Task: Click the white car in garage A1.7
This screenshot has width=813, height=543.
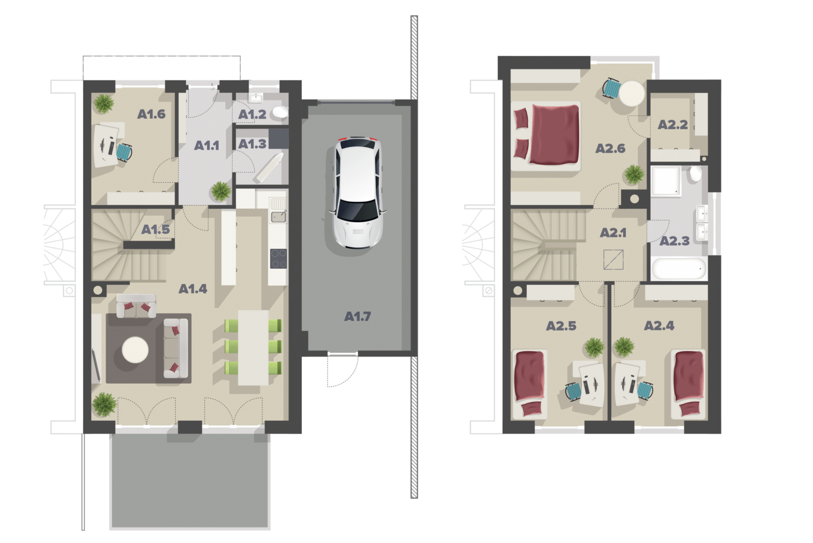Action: point(358,193)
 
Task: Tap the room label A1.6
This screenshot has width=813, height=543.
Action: point(151,114)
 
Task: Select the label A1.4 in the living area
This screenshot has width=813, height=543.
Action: point(193,289)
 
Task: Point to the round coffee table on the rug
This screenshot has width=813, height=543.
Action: point(135,350)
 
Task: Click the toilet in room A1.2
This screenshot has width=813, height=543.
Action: point(280,112)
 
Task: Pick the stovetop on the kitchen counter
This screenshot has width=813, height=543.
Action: point(278,259)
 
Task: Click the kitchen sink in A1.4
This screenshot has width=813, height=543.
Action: point(278,217)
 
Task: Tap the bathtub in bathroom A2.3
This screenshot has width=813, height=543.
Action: point(679,268)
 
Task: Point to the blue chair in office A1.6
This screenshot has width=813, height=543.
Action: point(124,152)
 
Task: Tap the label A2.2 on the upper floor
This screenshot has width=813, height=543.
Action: point(672,124)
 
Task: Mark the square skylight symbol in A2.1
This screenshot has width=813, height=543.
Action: point(613,259)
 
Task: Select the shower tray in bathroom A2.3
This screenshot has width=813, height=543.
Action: point(666,181)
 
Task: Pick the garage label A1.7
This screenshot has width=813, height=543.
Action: point(357,316)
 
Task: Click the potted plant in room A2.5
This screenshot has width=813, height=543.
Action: point(594,347)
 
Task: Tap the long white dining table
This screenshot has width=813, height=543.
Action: point(253,347)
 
